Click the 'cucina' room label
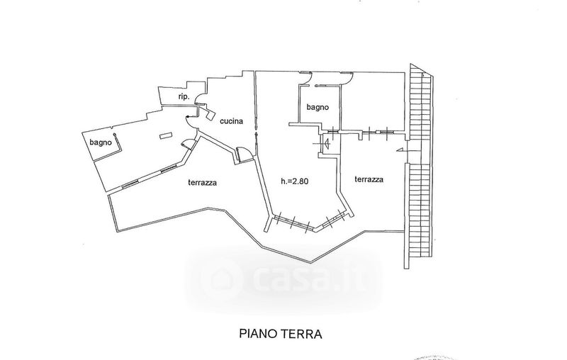click(x=232, y=121)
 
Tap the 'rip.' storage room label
click(x=184, y=96)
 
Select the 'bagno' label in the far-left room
click(x=101, y=142)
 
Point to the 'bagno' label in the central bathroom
click(x=318, y=107)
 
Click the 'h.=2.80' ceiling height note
click(x=295, y=181)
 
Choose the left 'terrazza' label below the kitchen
click(x=203, y=183)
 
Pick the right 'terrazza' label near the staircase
click(x=369, y=179)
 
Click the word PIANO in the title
click(x=257, y=334)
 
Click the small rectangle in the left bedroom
click(x=166, y=135)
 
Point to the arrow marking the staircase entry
click(x=401, y=150)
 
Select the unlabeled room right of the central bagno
click(x=373, y=101)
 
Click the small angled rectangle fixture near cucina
click(x=210, y=115)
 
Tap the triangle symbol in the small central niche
click(x=327, y=144)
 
